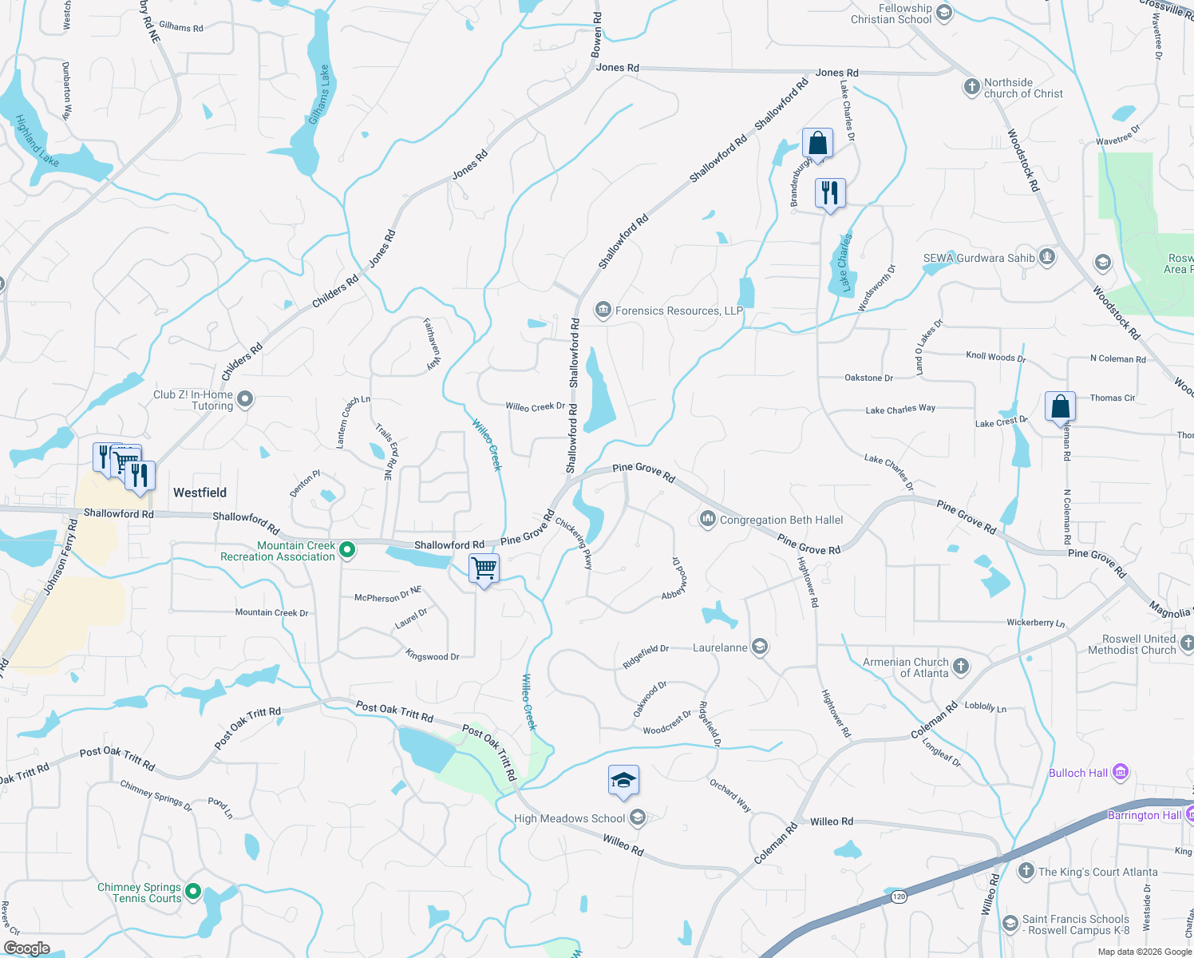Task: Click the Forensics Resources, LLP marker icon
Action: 603,310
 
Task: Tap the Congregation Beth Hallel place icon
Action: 707,520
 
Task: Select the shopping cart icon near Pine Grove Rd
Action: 484,569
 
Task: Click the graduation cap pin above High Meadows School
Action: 623,780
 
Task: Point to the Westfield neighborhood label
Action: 200,493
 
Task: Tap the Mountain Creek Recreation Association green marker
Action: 347,550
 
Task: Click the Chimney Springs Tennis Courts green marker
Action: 192,891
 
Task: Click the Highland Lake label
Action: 37,141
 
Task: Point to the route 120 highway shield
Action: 899,897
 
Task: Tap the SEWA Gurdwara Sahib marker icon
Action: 1047,257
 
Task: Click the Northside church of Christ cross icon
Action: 971,87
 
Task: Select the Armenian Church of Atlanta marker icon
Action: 961,667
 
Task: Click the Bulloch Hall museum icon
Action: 1121,772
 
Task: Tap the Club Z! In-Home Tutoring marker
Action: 245,399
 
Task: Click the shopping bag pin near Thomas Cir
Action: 1060,406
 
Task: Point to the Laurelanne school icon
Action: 760,647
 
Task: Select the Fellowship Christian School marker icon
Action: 944,13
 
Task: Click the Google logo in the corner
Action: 26,948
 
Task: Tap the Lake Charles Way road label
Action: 900,409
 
